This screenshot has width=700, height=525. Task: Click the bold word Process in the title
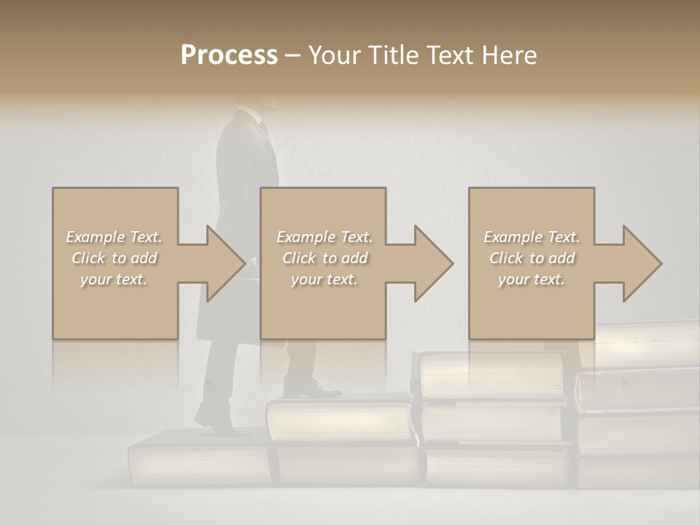[229, 55]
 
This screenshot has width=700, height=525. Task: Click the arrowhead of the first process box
[222, 263]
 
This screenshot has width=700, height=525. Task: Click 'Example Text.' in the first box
[114, 237]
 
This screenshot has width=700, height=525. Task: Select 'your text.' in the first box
[114, 279]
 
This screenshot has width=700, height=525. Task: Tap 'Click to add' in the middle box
[324, 258]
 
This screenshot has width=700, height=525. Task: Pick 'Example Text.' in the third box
[532, 237]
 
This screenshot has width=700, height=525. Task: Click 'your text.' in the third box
[532, 279]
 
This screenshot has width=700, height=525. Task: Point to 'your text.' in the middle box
[324, 279]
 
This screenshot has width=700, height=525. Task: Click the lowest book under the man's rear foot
[201, 459]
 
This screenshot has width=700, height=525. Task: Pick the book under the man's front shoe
[339, 420]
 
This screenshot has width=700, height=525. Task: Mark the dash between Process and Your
[293, 55]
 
